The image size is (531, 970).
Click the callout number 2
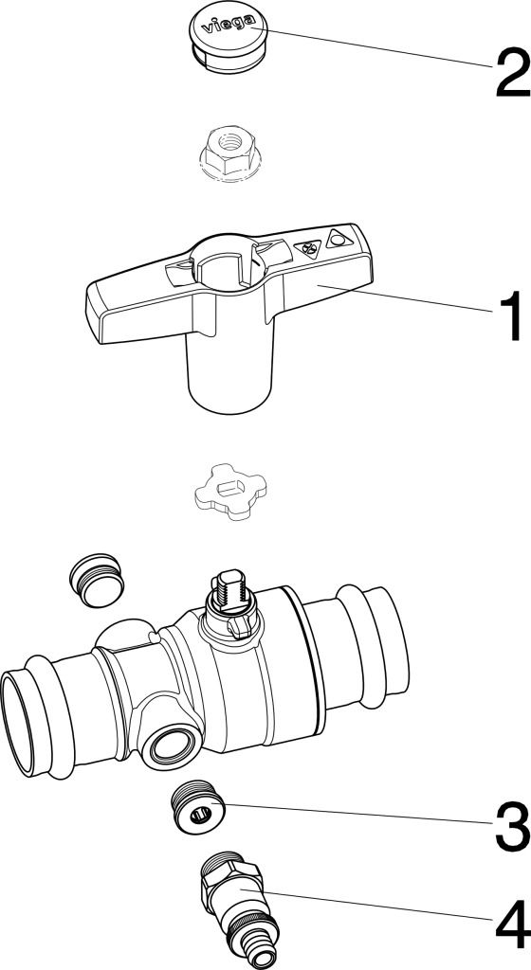coord(512,73)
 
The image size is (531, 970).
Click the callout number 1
coord(509,316)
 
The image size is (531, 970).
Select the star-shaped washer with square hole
coord(230,492)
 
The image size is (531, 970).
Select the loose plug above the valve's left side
coord(97,581)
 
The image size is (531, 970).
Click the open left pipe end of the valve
coord(19,725)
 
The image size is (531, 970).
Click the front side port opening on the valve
coord(169,746)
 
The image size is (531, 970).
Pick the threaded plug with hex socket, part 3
coord(196,807)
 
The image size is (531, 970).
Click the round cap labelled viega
coord(229,41)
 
